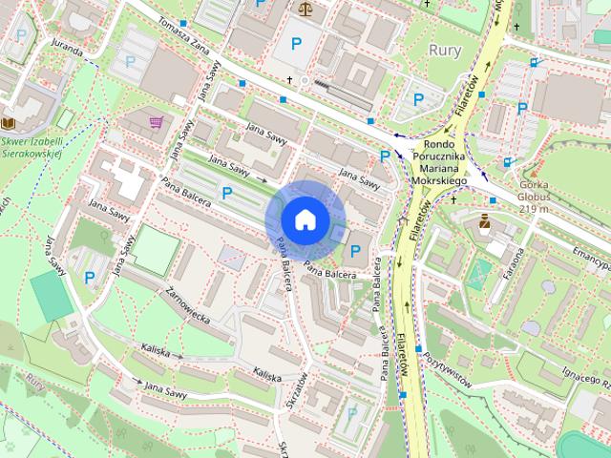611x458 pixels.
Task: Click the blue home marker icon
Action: (305, 219)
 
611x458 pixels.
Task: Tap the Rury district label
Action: (445, 51)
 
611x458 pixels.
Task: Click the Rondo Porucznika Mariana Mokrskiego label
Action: (440, 162)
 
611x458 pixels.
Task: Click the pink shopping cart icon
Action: (156, 122)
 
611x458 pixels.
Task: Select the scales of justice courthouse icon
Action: (305, 9)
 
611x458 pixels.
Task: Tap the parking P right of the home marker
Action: (356, 251)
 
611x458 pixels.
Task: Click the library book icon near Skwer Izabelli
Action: (9, 123)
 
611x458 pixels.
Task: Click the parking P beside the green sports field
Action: (89, 278)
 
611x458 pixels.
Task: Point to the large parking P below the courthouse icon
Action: (296, 43)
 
